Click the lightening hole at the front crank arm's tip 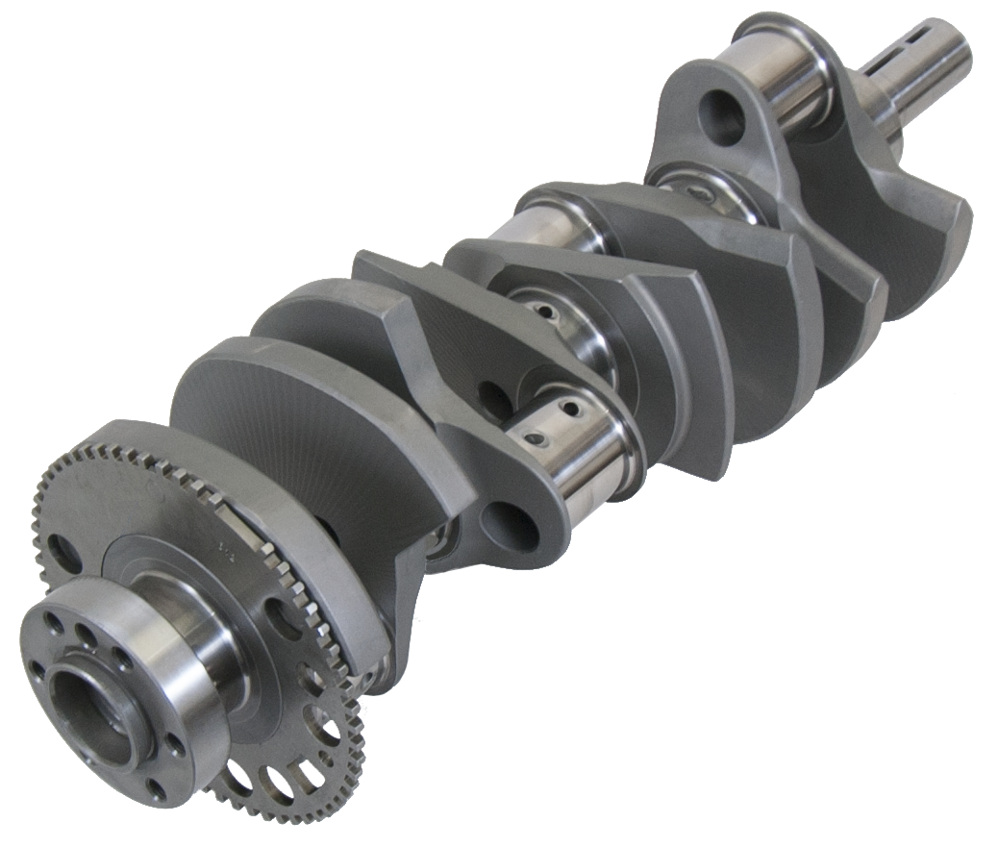[508, 527]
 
